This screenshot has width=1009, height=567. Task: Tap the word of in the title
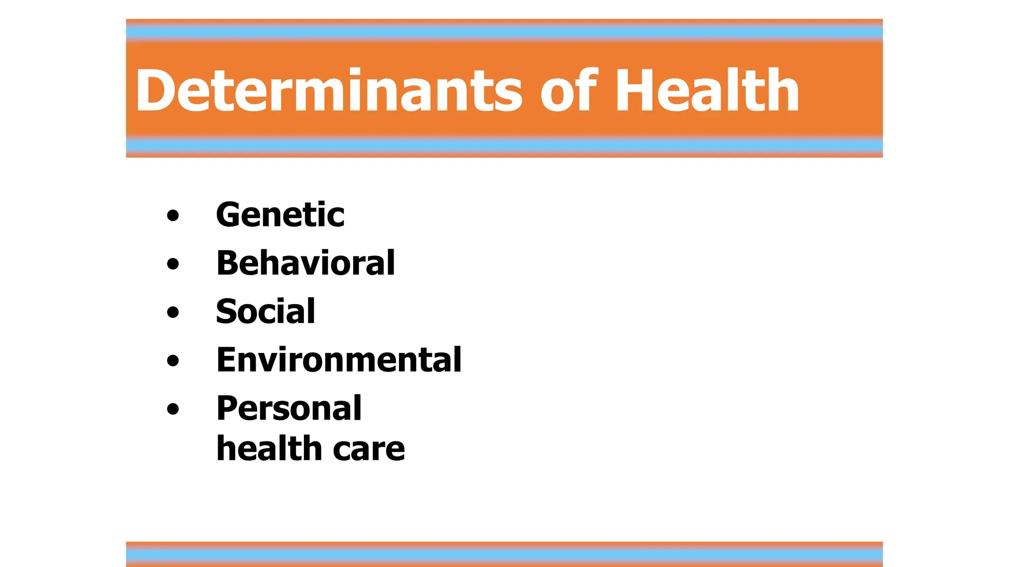pyautogui.click(x=569, y=91)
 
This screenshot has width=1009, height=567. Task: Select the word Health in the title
pyautogui.click(x=707, y=91)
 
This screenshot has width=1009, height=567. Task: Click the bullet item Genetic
pyautogui.click(x=280, y=215)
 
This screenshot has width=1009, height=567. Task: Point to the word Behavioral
pyautogui.click(x=305, y=263)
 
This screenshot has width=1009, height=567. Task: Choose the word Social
pyautogui.click(x=266, y=312)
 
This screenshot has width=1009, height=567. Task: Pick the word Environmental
pyautogui.click(x=339, y=360)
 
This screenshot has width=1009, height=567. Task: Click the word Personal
pyautogui.click(x=289, y=409)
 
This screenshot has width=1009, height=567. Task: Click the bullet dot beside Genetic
pyautogui.click(x=173, y=216)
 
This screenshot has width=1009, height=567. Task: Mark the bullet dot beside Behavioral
pyautogui.click(x=173, y=264)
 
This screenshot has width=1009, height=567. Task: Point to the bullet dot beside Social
pyautogui.click(x=173, y=312)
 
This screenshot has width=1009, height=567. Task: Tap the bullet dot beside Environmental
pyautogui.click(x=173, y=360)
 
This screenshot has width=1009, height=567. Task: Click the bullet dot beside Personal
pyautogui.click(x=173, y=409)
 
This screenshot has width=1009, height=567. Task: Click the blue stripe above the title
pyautogui.click(x=504, y=32)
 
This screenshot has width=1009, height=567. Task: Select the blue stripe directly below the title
pyautogui.click(x=504, y=145)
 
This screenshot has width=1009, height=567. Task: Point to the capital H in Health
pyautogui.click(x=636, y=91)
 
